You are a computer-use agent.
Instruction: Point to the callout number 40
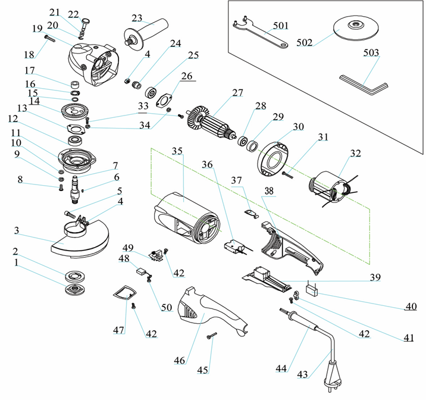[411, 307]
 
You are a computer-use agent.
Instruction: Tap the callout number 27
[238, 93]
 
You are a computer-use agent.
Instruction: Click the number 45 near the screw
[203, 370]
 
